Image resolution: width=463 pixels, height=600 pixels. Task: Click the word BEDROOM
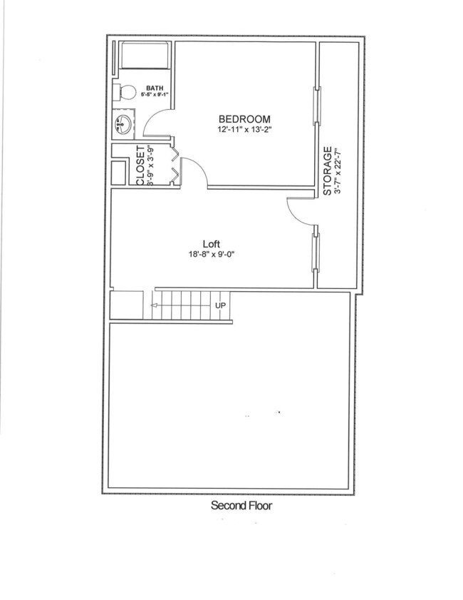click(244, 119)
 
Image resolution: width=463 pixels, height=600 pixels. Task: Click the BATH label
click(155, 88)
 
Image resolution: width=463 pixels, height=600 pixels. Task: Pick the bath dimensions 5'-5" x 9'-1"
click(155, 94)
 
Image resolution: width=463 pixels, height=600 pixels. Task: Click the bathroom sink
click(123, 126)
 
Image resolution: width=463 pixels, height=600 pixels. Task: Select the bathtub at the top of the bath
click(144, 55)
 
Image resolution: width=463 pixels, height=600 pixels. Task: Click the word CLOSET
click(140, 166)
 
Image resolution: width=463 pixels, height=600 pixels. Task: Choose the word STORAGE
click(328, 171)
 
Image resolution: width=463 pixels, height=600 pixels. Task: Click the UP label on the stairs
click(221, 305)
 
